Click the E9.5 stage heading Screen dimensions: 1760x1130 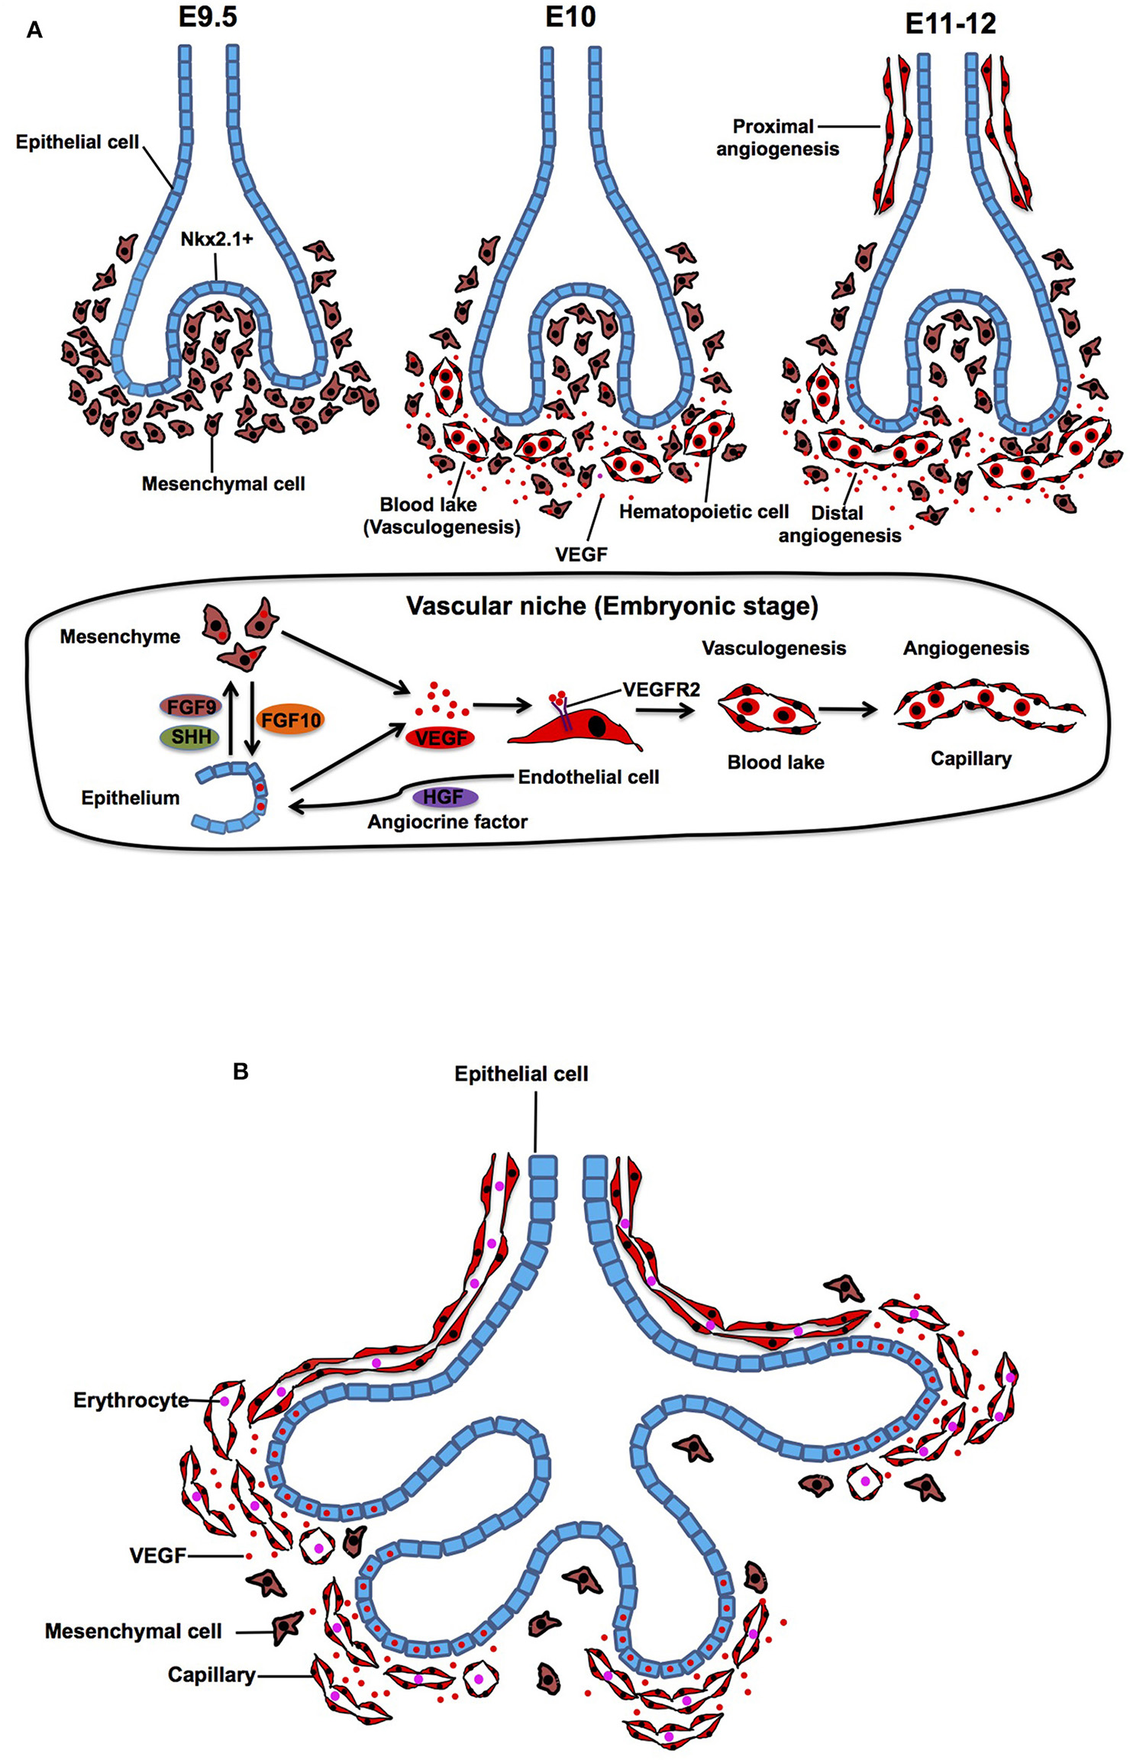click(x=208, y=17)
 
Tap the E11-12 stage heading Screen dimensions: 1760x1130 click(x=951, y=24)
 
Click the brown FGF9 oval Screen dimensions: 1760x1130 click(x=191, y=707)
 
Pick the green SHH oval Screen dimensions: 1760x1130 click(x=191, y=737)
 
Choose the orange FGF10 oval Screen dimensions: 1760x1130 click(x=291, y=719)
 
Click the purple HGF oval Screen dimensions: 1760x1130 click(x=444, y=797)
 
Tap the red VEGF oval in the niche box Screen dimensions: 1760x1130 click(x=441, y=737)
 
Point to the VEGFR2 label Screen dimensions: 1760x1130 click(x=661, y=689)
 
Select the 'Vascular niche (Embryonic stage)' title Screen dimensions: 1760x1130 click(x=612, y=606)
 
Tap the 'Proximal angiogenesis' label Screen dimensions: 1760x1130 click(x=776, y=137)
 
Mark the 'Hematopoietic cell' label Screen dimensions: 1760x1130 click(x=703, y=511)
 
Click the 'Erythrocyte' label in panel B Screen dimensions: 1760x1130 click(x=131, y=1401)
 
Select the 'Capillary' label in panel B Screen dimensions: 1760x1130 click(x=211, y=1675)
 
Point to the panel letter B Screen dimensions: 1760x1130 click(x=241, y=1072)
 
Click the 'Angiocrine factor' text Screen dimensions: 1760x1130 click(x=447, y=822)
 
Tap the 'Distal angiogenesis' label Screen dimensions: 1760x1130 click(x=839, y=524)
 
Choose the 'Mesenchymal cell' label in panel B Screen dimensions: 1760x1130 click(x=133, y=1631)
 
